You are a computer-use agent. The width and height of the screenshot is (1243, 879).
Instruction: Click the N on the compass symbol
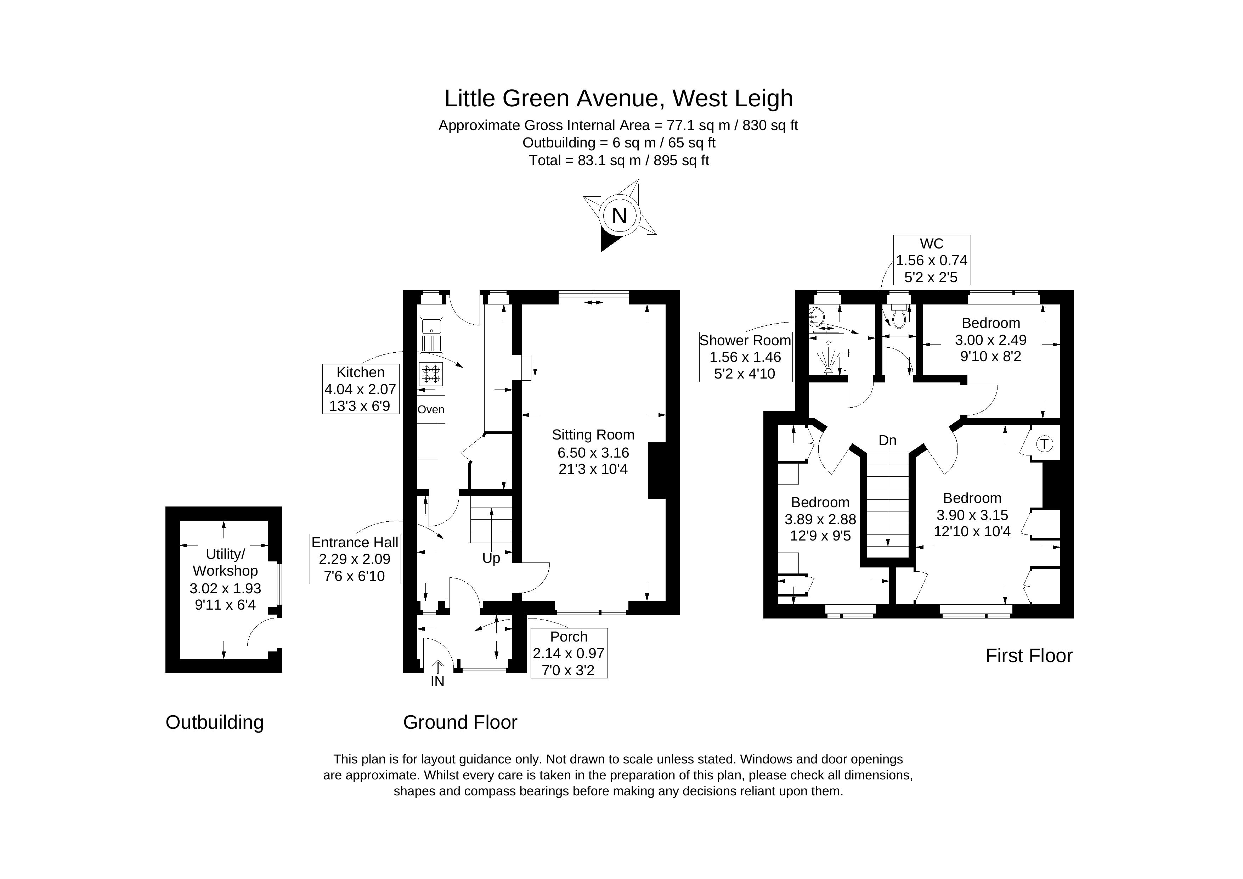[x=619, y=216]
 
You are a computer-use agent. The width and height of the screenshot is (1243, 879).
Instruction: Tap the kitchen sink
[x=431, y=335]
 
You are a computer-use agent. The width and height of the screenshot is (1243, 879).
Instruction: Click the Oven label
[x=431, y=409]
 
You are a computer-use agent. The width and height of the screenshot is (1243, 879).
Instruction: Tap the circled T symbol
[x=1044, y=444]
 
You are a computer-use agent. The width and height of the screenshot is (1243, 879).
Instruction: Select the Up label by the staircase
[x=491, y=558]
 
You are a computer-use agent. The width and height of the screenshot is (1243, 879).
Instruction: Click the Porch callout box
[x=569, y=653]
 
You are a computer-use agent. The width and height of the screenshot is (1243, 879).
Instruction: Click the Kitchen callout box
[x=361, y=389]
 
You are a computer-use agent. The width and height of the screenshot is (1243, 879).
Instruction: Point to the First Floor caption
[x=1029, y=656]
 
